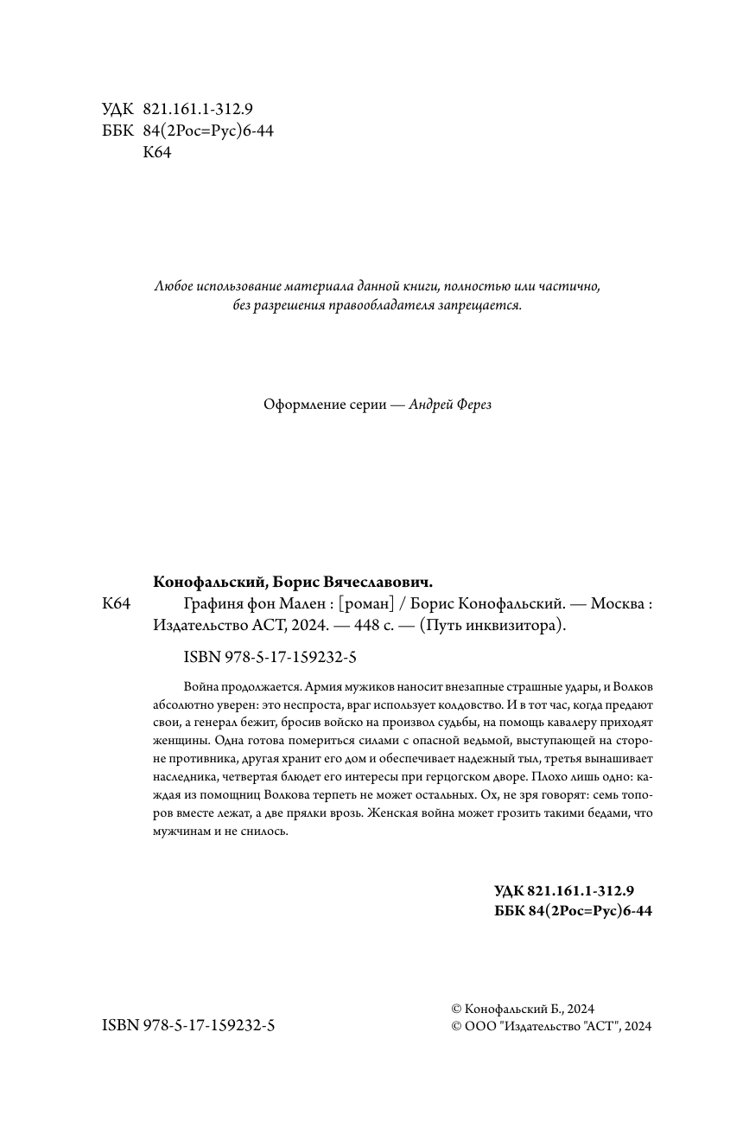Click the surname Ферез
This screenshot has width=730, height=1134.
point(472,405)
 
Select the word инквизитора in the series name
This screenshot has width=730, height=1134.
point(511,627)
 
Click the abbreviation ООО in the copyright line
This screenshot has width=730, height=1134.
point(478,1026)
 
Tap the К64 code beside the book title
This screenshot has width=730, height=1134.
point(116,604)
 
